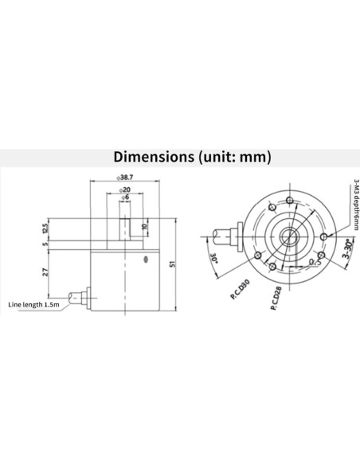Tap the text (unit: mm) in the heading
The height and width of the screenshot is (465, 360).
pyautogui.click(x=234, y=157)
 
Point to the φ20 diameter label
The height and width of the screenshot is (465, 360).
pyautogui.click(x=124, y=191)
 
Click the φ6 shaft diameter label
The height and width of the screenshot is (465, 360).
pyautogui.click(x=124, y=199)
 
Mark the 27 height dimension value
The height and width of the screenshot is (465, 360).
pyautogui.click(x=45, y=272)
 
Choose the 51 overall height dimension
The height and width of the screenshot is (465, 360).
pyautogui.click(x=172, y=262)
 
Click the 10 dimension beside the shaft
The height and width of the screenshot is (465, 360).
pyautogui.click(x=144, y=226)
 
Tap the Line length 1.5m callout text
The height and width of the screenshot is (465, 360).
pyautogui.click(x=33, y=304)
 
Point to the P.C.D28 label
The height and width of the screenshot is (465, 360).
pyautogui.click(x=273, y=300)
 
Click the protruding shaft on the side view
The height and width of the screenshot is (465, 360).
pyautogui.click(x=124, y=226)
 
